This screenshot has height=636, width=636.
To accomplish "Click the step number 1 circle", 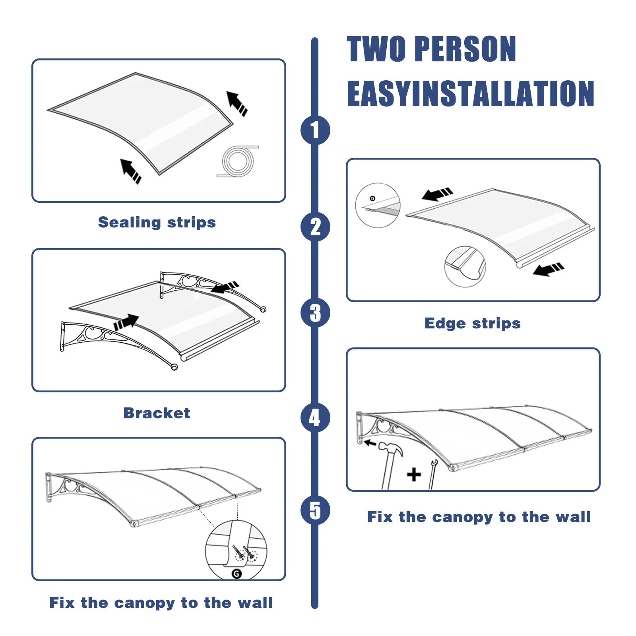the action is (x=315, y=130).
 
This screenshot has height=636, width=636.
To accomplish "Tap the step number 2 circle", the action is (x=315, y=227).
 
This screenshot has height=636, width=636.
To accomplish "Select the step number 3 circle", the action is (x=315, y=313).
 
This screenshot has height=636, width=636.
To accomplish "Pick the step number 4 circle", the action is (x=315, y=417).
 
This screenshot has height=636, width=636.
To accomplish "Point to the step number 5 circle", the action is (x=315, y=510).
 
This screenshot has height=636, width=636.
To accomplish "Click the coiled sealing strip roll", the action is (x=238, y=161).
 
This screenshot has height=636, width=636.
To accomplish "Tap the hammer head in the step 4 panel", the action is (x=390, y=448).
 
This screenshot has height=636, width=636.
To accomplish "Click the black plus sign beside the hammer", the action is (x=414, y=475).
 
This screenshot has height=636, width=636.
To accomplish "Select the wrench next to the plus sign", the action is (x=432, y=474).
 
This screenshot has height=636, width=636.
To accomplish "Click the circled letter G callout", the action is (x=237, y=574).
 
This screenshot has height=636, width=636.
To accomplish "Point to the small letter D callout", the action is (x=372, y=198).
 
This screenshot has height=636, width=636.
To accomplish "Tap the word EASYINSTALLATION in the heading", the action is (x=471, y=93).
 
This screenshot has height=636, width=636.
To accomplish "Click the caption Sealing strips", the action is (x=157, y=222).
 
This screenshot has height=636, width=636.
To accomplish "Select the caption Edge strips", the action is (x=473, y=323).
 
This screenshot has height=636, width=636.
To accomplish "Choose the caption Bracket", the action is (x=157, y=413).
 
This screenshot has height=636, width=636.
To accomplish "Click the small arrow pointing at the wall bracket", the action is (x=370, y=442).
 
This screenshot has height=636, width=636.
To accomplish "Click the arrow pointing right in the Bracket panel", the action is (x=126, y=322).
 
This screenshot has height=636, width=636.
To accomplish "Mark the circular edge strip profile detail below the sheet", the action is (x=465, y=266).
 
